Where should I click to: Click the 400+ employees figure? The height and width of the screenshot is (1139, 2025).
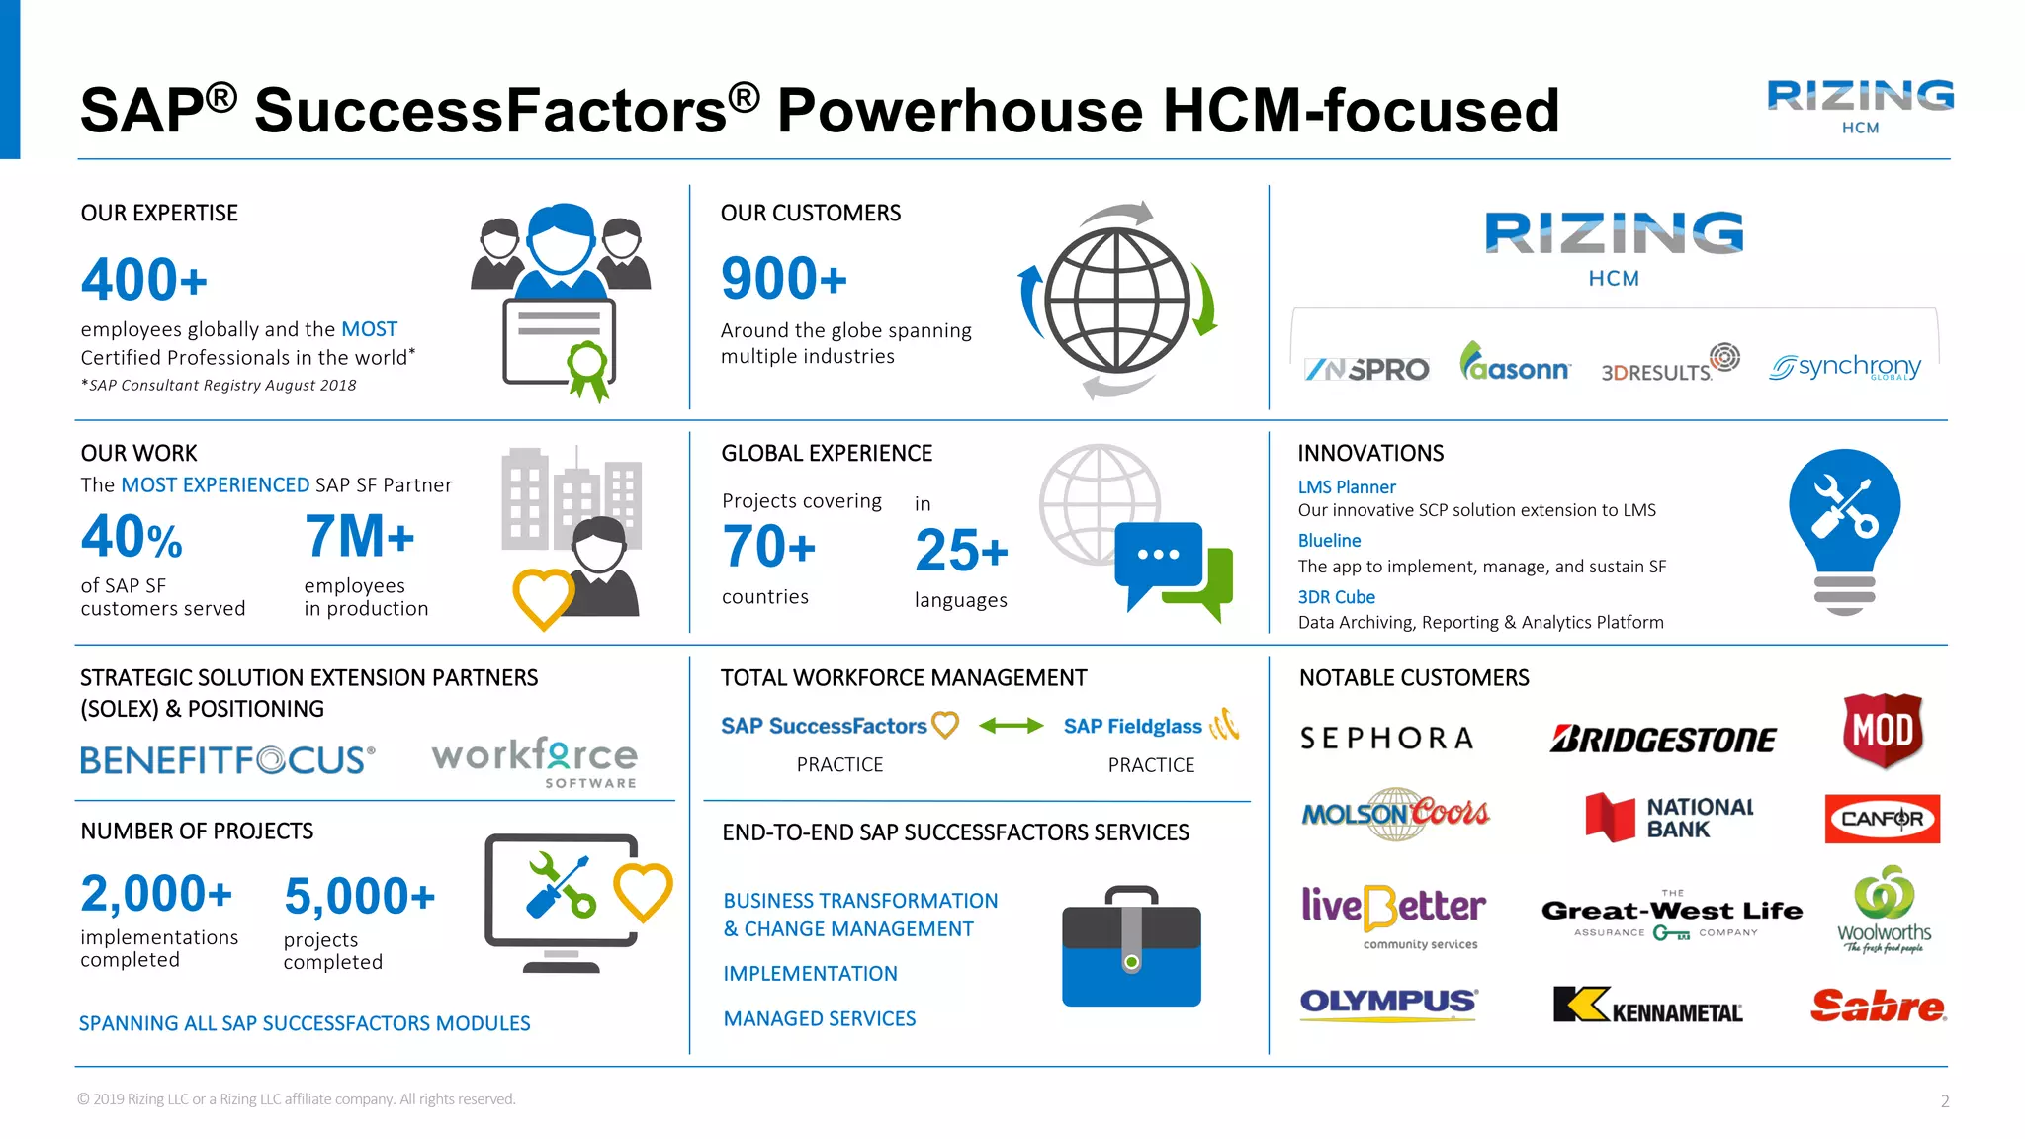click(x=144, y=280)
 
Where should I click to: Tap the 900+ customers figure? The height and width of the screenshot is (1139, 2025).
click(x=784, y=279)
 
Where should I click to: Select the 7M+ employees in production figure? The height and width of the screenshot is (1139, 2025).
click(x=359, y=537)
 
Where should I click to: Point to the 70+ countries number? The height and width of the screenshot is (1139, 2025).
click(x=768, y=547)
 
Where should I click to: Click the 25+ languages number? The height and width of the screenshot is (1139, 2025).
click(x=961, y=551)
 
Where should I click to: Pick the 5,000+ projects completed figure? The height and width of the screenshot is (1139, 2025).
click(x=359, y=897)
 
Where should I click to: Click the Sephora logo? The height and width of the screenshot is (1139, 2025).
click(x=1386, y=739)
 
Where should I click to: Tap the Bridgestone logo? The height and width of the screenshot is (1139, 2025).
click(x=1662, y=740)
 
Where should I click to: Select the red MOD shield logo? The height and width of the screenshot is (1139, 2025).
click(x=1883, y=731)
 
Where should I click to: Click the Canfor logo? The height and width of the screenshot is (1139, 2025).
click(x=1882, y=819)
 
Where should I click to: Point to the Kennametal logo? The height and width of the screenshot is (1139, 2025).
click(x=1648, y=1006)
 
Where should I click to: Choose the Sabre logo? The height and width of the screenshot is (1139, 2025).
click(x=1878, y=1006)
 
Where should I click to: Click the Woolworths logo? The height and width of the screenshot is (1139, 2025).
click(x=1884, y=910)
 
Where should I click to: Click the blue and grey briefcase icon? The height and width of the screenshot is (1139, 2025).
click(x=1131, y=948)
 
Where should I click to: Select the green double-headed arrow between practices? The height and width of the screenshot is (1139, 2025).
click(x=1011, y=726)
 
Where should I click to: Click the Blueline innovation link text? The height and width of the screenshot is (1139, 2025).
click(x=1329, y=541)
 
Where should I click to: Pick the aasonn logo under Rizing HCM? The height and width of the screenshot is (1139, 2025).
click(x=1514, y=364)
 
